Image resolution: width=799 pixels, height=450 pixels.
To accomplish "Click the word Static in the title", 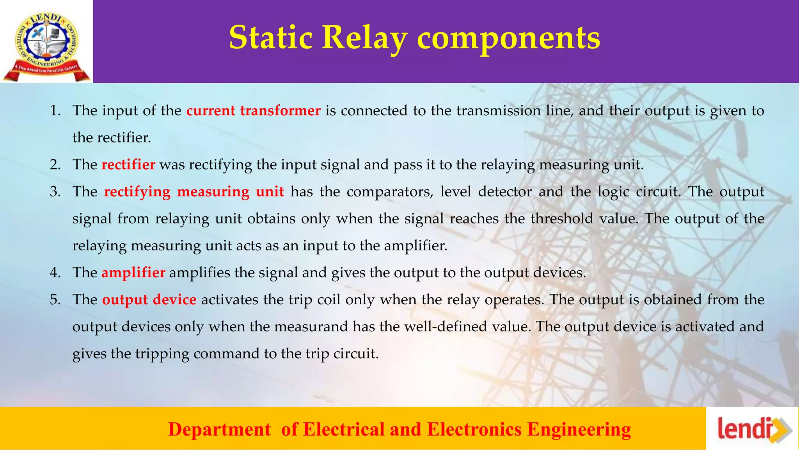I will pos(270,37).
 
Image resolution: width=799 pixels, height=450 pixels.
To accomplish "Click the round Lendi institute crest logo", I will pos(46,42).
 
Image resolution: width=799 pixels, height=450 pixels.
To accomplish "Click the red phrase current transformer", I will pos(253,111).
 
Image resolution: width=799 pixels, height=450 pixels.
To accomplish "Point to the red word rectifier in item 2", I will pos(128,164).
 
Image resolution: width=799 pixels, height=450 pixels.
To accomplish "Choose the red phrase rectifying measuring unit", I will pos(194,192).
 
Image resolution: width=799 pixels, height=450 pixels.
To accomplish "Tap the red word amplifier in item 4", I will pos(133,272).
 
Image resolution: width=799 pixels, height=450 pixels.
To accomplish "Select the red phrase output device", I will pos(149,300).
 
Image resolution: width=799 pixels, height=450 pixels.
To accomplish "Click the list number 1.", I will pos(55,111).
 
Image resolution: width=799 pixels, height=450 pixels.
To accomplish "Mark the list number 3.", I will pos(55,192).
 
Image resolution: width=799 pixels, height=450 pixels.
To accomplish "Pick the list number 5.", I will pos(55,300).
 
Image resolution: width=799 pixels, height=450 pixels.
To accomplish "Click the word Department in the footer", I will pos(219,429).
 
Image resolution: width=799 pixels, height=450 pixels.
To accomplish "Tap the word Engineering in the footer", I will pos(579,429).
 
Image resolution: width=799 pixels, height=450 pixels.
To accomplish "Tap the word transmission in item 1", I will pos(498,111).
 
